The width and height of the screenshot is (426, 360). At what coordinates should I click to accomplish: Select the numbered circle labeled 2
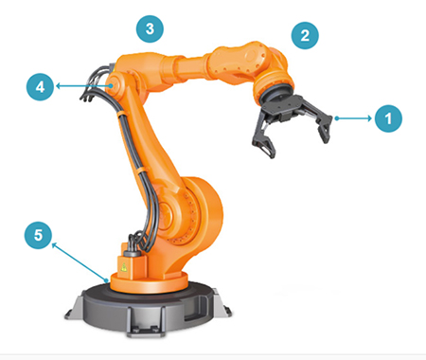click(x=303, y=36)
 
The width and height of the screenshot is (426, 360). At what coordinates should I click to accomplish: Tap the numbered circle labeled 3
click(x=151, y=28)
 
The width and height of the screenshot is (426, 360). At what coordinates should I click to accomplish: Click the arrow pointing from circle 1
click(x=355, y=118)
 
